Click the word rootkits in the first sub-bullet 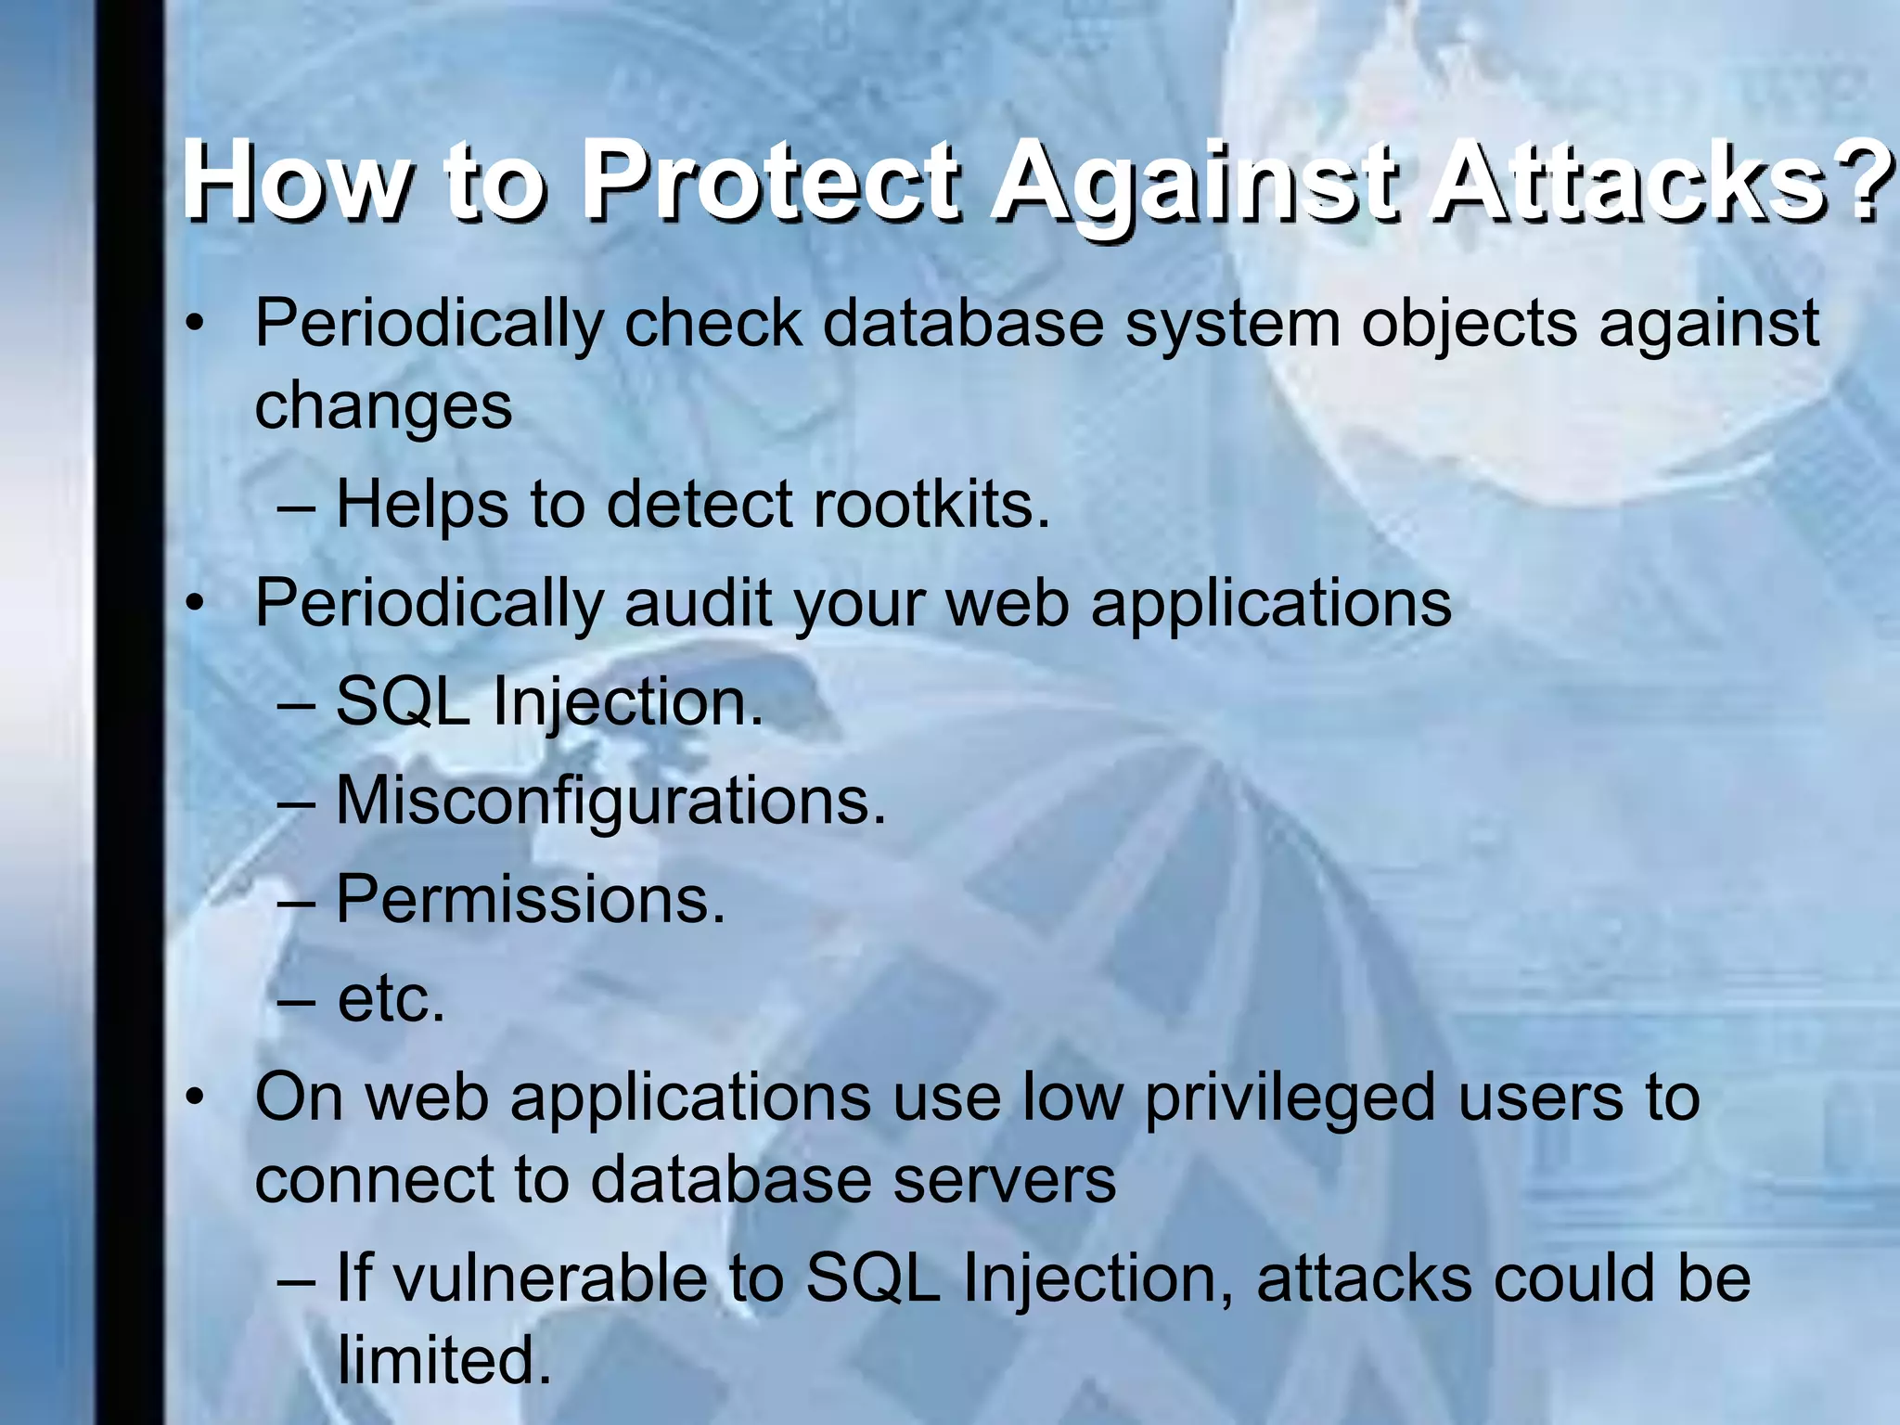coord(931,506)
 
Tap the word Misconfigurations coord(610,801)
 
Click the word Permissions coord(530,899)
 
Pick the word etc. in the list coord(391,999)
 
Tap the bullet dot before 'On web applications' coord(194,1099)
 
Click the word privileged coord(1291,1099)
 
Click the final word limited coord(443,1360)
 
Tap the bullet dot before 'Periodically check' coord(194,326)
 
